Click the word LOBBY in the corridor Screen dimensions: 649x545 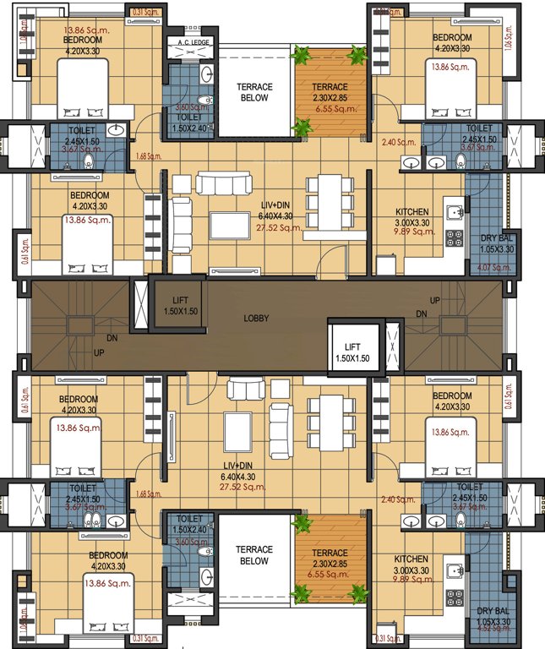(257, 319)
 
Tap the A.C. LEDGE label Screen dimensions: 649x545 (193, 41)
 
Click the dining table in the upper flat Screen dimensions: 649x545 (325, 202)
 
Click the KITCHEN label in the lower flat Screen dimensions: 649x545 (411, 559)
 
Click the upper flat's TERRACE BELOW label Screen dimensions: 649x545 (253, 92)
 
